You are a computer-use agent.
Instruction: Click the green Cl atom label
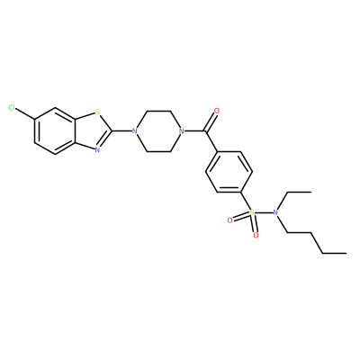(12, 108)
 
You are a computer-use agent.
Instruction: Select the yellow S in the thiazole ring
(97, 112)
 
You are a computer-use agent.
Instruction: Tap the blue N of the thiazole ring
(97, 149)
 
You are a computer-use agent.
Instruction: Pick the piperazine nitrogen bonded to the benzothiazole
(134, 131)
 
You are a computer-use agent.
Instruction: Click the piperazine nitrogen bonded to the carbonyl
(181, 131)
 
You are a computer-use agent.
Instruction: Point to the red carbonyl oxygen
(217, 111)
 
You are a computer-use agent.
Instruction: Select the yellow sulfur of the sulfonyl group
(252, 212)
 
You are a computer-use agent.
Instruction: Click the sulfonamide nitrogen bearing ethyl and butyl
(275, 212)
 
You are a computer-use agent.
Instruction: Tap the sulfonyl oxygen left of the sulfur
(230, 220)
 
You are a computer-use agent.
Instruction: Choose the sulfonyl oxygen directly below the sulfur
(256, 235)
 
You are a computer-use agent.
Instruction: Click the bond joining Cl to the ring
(25, 113)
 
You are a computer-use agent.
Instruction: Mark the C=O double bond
(211, 121)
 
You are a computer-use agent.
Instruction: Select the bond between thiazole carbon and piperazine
(121, 131)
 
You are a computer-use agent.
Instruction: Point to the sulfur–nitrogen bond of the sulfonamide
(264, 212)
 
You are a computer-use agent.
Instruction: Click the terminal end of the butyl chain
(346, 253)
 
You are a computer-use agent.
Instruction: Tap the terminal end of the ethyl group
(311, 192)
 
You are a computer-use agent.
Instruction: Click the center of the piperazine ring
(157, 131)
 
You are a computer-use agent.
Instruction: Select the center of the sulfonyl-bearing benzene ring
(229, 172)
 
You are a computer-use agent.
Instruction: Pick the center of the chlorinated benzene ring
(55, 131)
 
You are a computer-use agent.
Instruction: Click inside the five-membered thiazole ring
(92, 131)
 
